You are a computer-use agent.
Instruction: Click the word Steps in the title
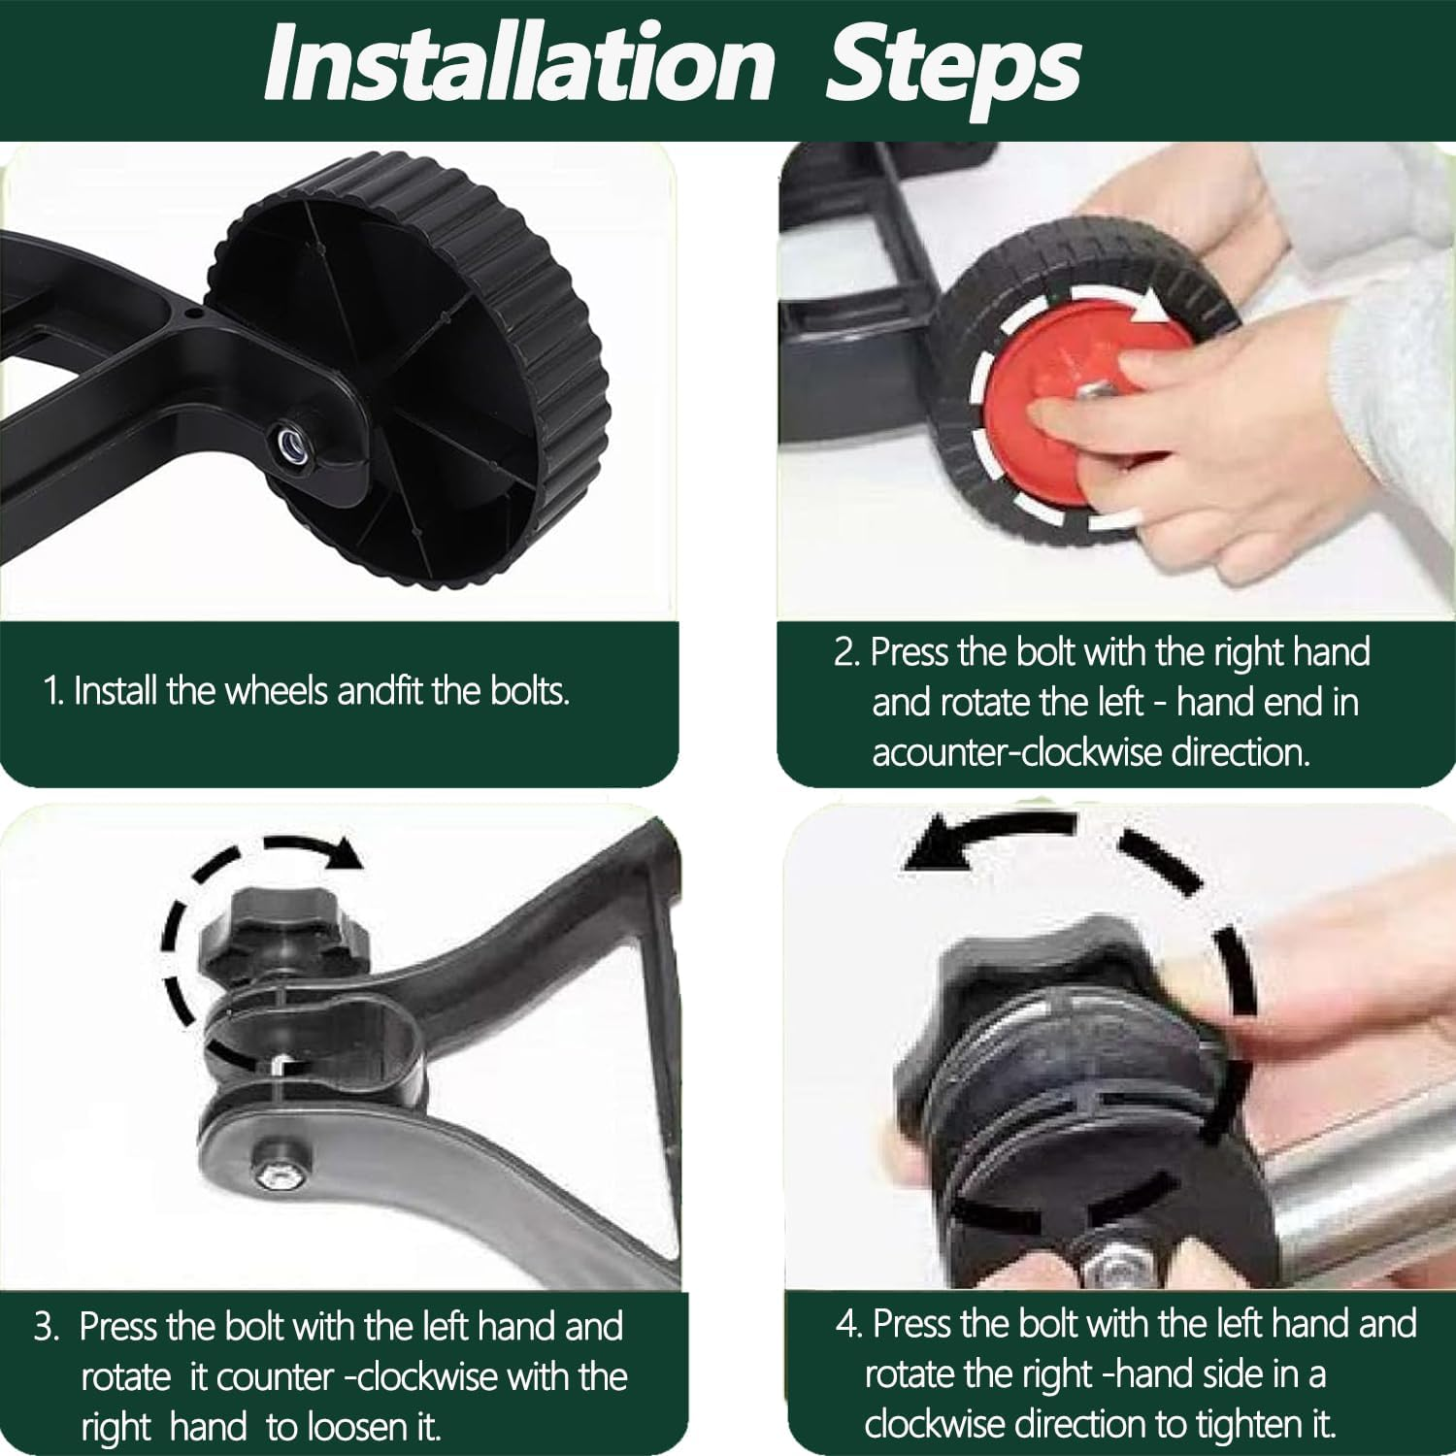(x=953, y=65)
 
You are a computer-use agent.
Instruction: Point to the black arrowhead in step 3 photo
(x=341, y=853)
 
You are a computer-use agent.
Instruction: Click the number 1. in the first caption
(x=54, y=691)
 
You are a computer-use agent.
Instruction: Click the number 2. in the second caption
(x=847, y=652)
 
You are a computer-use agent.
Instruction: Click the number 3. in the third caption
(x=47, y=1327)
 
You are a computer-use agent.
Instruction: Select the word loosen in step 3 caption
(x=360, y=1427)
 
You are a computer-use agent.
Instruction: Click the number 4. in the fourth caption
(x=848, y=1324)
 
